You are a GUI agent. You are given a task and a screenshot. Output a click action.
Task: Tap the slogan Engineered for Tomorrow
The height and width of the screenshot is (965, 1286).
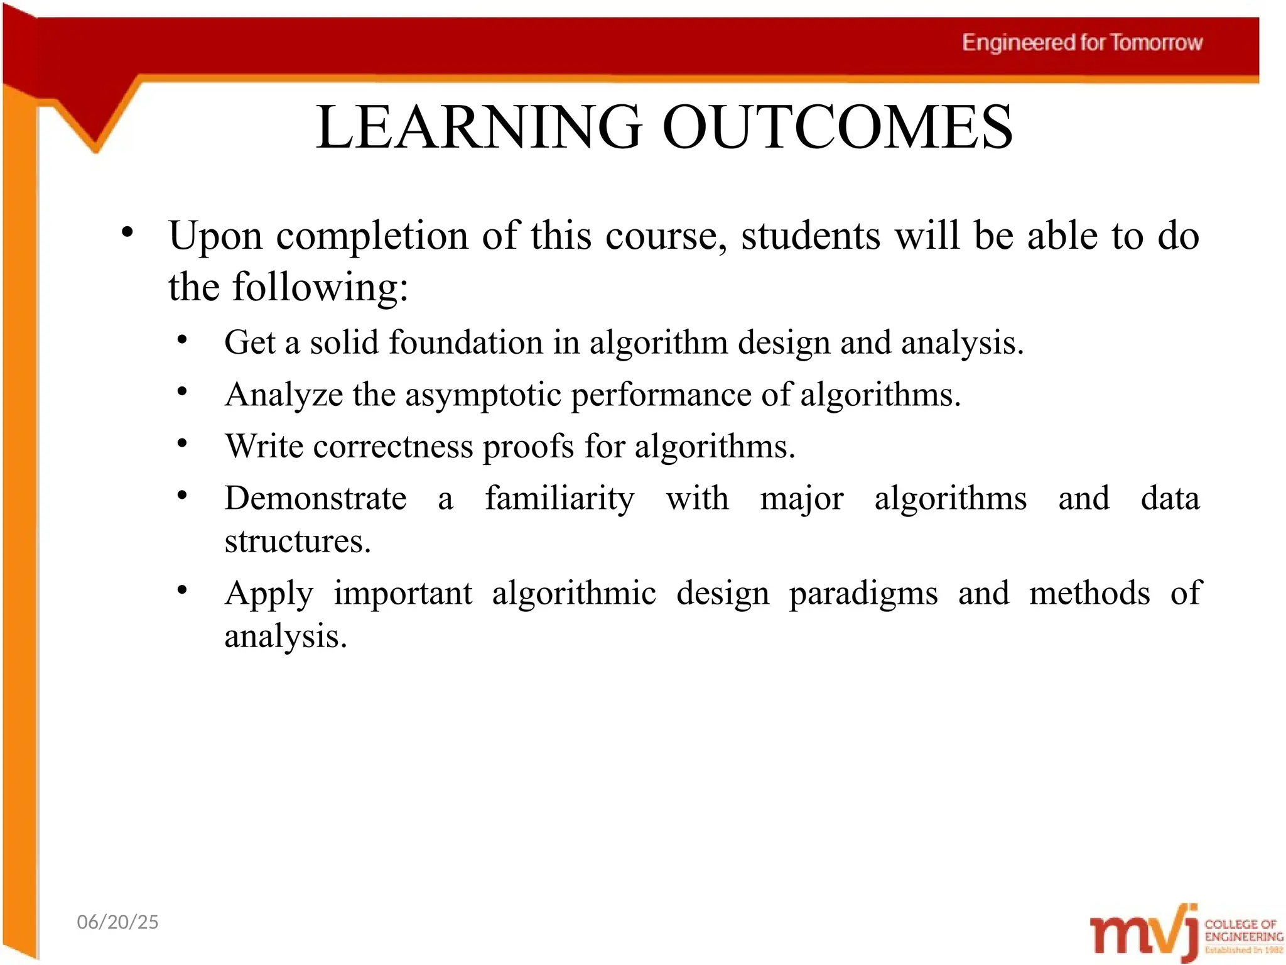pyautogui.click(x=1082, y=43)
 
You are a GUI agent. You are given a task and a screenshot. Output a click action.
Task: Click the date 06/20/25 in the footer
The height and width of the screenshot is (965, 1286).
pyautogui.click(x=117, y=922)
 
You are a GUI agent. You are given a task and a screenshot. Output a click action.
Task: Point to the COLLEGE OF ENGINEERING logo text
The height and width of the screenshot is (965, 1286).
pyautogui.click(x=1243, y=930)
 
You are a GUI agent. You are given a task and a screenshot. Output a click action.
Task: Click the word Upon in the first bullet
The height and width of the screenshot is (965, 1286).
pyautogui.click(x=215, y=237)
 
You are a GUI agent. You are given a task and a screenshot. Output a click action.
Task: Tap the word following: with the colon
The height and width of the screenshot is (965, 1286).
pyautogui.click(x=320, y=288)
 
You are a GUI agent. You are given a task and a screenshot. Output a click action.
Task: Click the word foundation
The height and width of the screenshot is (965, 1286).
pyautogui.click(x=465, y=343)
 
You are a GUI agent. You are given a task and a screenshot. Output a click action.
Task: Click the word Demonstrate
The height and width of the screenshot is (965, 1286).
pyautogui.click(x=315, y=499)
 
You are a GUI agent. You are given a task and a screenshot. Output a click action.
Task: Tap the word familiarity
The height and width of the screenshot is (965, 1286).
pyautogui.click(x=559, y=499)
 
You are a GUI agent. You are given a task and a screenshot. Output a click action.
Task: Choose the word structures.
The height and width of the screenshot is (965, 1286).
pyautogui.click(x=298, y=542)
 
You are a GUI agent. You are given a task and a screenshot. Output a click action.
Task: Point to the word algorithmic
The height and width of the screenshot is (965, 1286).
pyautogui.click(x=574, y=594)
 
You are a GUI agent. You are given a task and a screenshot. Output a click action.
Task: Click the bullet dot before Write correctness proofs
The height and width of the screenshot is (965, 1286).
pyautogui.click(x=182, y=444)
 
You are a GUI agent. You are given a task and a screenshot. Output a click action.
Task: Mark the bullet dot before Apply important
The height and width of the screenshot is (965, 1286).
pyautogui.click(x=182, y=590)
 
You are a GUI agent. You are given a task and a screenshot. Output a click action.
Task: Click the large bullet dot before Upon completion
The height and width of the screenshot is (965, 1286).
pyautogui.click(x=127, y=232)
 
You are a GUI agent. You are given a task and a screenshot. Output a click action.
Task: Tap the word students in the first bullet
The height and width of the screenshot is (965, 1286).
pyautogui.click(x=811, y=236)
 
